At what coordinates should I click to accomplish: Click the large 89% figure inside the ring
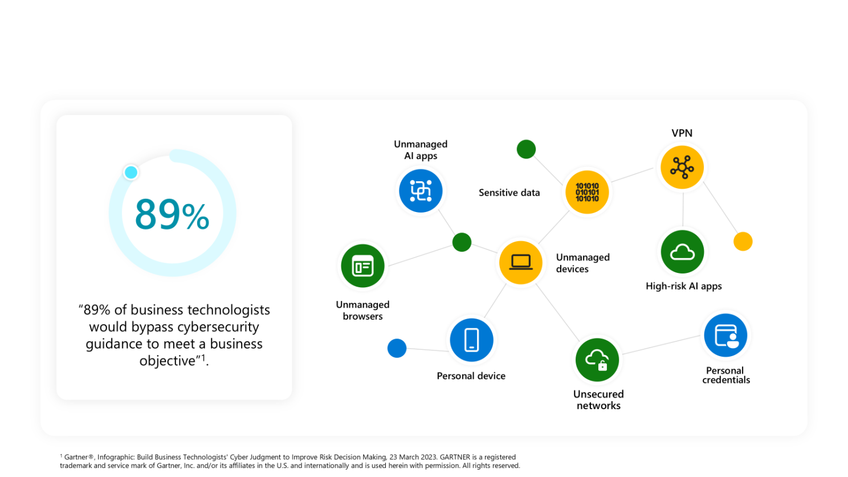tap(172, 214)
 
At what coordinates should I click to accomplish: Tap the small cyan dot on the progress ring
tap(131, 172)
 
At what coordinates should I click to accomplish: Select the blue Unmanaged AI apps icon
tap(421, 191)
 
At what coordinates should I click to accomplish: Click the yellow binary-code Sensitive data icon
tap(587, 193)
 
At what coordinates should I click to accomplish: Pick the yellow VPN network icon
tap(682, 167)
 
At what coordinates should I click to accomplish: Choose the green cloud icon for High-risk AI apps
tap(682, 252)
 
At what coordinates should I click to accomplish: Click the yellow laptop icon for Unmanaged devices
tap(521, 262)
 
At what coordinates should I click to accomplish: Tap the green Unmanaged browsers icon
tap(362, 266)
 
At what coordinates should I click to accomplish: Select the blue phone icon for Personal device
tap(471, 340)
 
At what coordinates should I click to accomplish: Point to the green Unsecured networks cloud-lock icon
tap(597, 360)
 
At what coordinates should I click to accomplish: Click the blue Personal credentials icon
tap(725, 335)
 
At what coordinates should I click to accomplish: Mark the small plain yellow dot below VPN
tap(743, 242)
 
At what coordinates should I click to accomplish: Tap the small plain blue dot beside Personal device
tap(397, 348)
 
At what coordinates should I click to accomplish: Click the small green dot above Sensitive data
tap(526, 149)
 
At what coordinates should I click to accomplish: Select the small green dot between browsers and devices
tap(462, 242)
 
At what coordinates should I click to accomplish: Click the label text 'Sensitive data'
tap(509, 193)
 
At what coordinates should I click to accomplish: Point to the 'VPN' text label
tap(682, 133)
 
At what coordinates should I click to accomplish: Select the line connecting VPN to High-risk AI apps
tap(683, 210)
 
